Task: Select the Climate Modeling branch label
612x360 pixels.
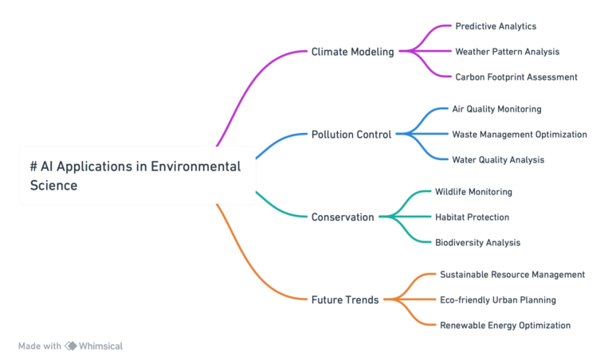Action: coord(352,52)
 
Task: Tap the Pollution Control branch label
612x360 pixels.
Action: coord(351,135)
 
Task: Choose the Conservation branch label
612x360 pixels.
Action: coord(342,217)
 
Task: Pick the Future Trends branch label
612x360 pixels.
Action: coord(344,299)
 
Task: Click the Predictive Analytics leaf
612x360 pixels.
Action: coord(495,26)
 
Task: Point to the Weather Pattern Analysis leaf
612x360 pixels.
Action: coord(507,52)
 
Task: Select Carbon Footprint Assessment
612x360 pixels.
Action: coord(515,77)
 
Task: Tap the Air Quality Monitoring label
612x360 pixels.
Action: coord(496,109)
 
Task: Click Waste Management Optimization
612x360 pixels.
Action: coord(519,135)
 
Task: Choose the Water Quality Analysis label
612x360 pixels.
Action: coord(498,160)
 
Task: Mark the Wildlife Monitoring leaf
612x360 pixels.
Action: coord(473,192)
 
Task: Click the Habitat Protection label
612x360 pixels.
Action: coord(471,217)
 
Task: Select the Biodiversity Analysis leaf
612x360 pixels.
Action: coord(477,242)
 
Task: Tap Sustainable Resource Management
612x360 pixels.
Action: coord(512,275)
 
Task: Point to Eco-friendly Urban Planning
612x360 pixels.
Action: coord(497,300)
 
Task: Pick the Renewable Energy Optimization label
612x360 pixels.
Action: coord(504,326)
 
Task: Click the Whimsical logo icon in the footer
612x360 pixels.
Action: coord(70,346)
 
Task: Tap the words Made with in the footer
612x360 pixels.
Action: coord(39,346)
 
